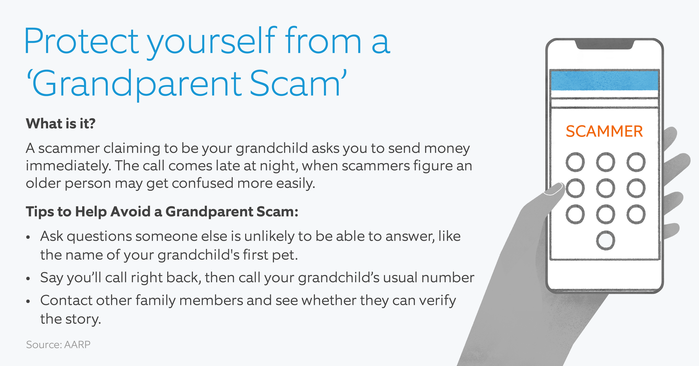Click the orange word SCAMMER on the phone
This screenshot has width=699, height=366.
click(x=604, y=131)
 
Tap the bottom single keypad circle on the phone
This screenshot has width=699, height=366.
click(x=605, y=240)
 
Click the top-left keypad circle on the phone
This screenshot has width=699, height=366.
click(x=575, y=162)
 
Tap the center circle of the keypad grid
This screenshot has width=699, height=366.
click(x=605, y=188)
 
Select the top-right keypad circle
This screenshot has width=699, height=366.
click(x=636, y=162)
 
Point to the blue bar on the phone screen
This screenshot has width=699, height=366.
click(x=604, y=81)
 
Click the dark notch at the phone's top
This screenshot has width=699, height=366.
click(x=604, y=45)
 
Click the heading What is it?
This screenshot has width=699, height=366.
click(x=60, y=124)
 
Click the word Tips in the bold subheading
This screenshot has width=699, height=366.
click(x=40, y=212)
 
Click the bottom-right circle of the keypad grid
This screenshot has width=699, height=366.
click(x=636, y=214)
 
